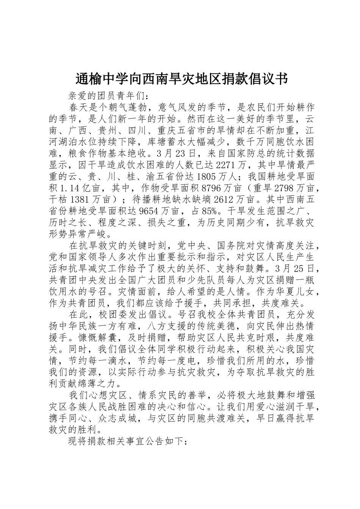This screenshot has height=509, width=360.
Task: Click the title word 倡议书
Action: coord(268,79)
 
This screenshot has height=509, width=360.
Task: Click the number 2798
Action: coord(285,188)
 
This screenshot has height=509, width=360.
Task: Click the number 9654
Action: coord(151,211)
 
